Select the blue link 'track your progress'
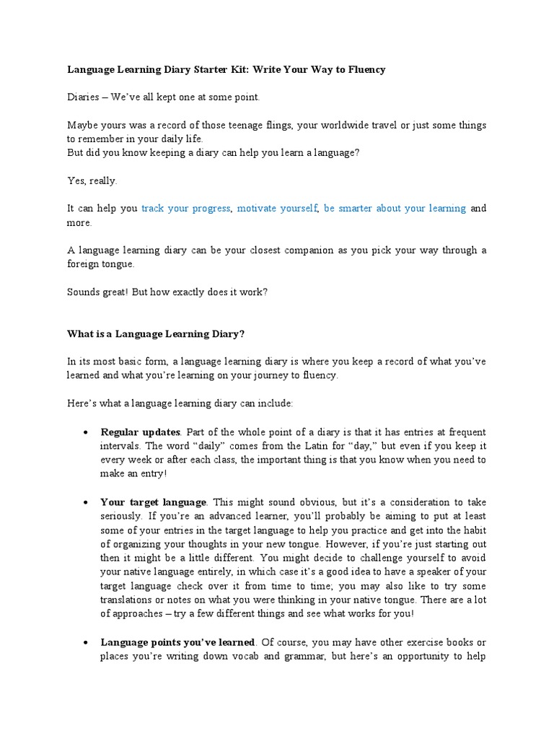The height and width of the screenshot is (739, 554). pos(185,209)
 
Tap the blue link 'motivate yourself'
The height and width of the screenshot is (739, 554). pos(277,209)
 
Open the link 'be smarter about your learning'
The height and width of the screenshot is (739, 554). pos(395,209)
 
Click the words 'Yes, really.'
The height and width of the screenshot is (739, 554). pos(92,181)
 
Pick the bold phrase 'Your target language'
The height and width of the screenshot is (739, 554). pos(154,502)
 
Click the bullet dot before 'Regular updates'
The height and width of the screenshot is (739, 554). pos(85,433)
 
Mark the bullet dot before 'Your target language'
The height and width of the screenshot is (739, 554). pos(85,502)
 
